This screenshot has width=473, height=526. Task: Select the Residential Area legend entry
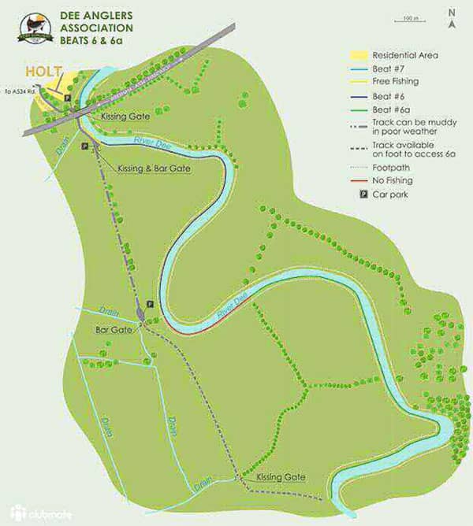coord(395,56)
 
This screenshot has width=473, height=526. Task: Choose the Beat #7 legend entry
coord(383,69)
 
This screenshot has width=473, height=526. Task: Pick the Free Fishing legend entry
coord(389,81)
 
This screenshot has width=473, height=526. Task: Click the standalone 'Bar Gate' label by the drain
coord(110,330)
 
